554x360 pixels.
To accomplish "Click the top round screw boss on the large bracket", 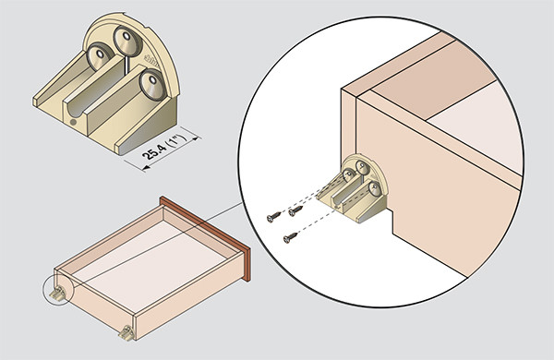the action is pyautogui.click(x=127, y=42).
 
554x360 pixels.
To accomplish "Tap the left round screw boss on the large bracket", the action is pyautogui.click(x=100, y=56).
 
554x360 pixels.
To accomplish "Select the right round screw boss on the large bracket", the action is pyautogui.click(x=152, y=85).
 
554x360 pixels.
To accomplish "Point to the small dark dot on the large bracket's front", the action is pyautogui.click(x=73, y=122).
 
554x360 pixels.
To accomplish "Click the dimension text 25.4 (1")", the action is pyautogui.click(x=164, y=148).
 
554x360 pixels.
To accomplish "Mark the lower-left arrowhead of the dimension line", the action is pyautogui.click(x=146, y=169).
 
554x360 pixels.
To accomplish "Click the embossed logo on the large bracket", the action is pyautogui.click(x=152, y=61).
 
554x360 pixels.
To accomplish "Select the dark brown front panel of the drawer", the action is pyautogui.click(x=205, y=238).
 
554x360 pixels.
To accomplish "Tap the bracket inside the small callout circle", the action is pyautogui.click(x=58, y=294).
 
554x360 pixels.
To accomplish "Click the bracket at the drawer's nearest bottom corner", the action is pyautogui.click(x=126, y=333).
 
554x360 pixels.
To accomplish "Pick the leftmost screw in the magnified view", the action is pyautogui.click(x=274, y=217).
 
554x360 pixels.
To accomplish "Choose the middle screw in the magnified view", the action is pyautogui.click(x=295, y=210).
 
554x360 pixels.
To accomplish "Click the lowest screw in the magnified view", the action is pyautogui.click(x=290, y=238).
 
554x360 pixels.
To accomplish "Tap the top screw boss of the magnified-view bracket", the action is pyautogui.click(x=362, y=167).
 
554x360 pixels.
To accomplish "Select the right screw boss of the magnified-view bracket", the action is pyautogui.click(x=375, y=188).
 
